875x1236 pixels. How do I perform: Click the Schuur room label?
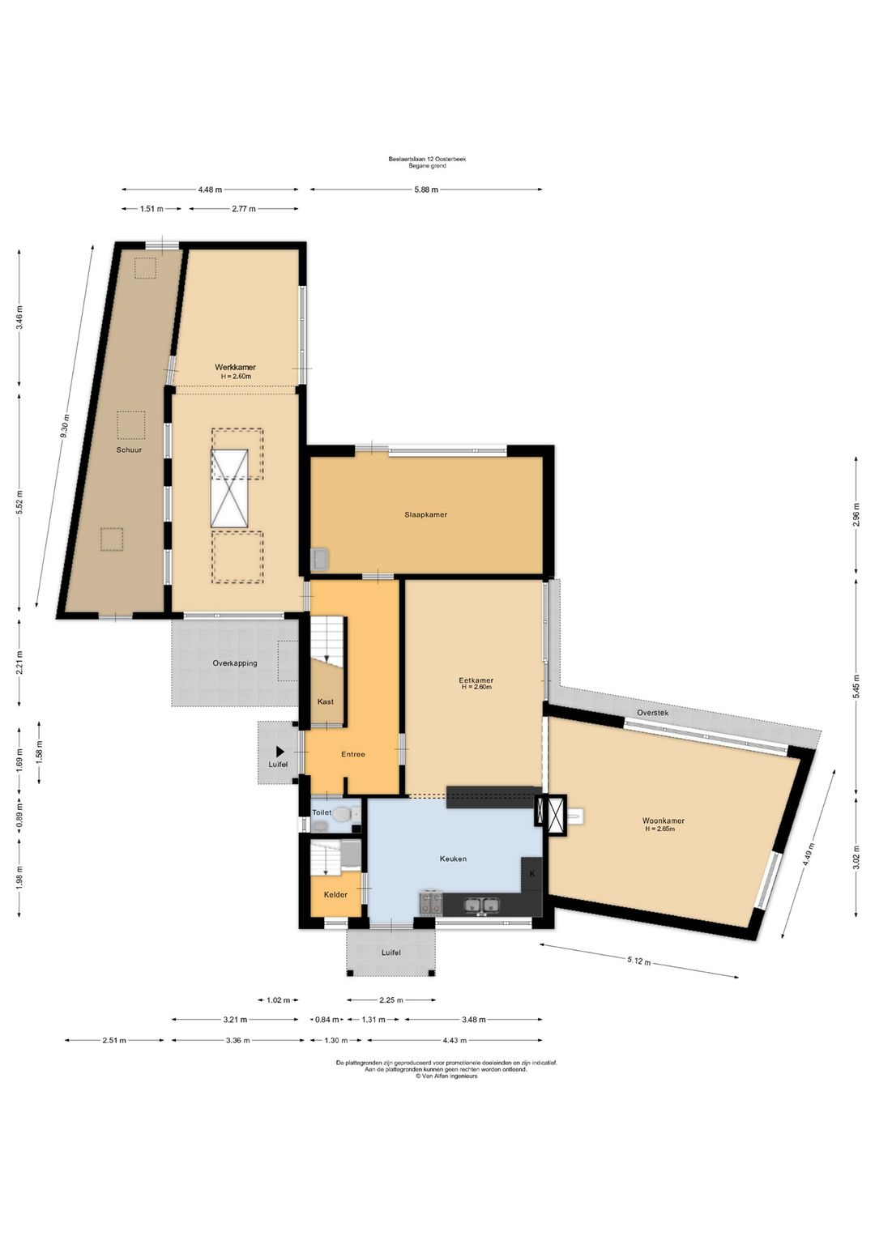[129, 450]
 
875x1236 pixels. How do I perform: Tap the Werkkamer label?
[235, 367]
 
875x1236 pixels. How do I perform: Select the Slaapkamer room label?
[425, 514]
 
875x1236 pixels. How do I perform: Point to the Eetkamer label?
[476, 680]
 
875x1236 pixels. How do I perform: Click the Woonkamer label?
[663, 820]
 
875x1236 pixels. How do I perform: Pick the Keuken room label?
[453, 859]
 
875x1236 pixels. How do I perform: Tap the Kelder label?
[335, 894]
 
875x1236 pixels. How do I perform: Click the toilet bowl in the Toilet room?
[342, 813]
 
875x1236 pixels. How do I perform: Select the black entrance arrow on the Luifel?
[280, 751]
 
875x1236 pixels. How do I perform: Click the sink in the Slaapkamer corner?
[320, 559]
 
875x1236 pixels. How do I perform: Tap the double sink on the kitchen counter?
[482, 905]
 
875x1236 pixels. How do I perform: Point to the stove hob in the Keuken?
[431, 903]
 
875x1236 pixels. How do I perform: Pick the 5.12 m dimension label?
[638, 961]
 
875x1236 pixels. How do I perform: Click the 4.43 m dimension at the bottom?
[455, 1040]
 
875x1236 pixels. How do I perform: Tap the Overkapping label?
[235, 663]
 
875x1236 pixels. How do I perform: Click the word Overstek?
[652, 713]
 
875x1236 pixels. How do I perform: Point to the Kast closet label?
[325, 701]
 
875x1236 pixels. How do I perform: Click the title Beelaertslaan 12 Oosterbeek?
[427, 159]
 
